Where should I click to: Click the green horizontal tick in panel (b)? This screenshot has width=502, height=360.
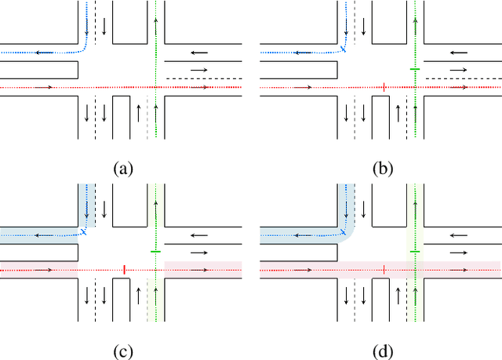pos(415,70)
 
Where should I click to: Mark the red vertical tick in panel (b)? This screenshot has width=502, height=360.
pos(382,87)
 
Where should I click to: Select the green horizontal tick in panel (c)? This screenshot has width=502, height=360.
pos(155,251)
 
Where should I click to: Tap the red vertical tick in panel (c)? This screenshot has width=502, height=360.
pos(124,270)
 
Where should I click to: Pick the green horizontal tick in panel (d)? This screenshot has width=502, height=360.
pos(415,251)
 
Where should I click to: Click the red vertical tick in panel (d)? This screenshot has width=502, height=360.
pos(384,270)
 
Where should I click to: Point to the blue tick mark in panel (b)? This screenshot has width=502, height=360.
pos(344,49)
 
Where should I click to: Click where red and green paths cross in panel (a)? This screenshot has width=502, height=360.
pos(156,87)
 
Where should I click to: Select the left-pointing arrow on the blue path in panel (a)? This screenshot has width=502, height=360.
pos(47,53)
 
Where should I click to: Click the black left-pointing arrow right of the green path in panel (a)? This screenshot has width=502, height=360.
pos(200,53)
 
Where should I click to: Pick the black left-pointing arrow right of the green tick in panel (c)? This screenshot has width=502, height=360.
pos(200,234)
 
